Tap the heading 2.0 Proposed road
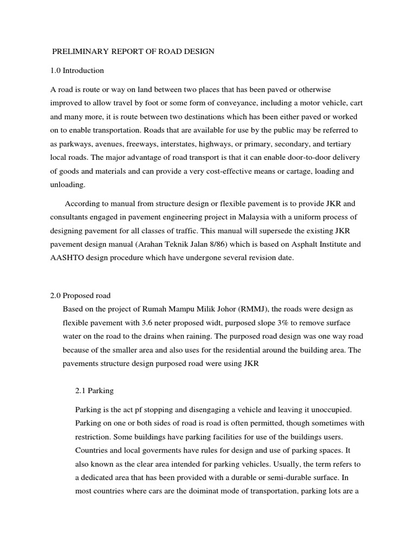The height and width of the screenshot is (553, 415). [80, 295]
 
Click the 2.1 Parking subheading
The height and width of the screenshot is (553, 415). [92, 389]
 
